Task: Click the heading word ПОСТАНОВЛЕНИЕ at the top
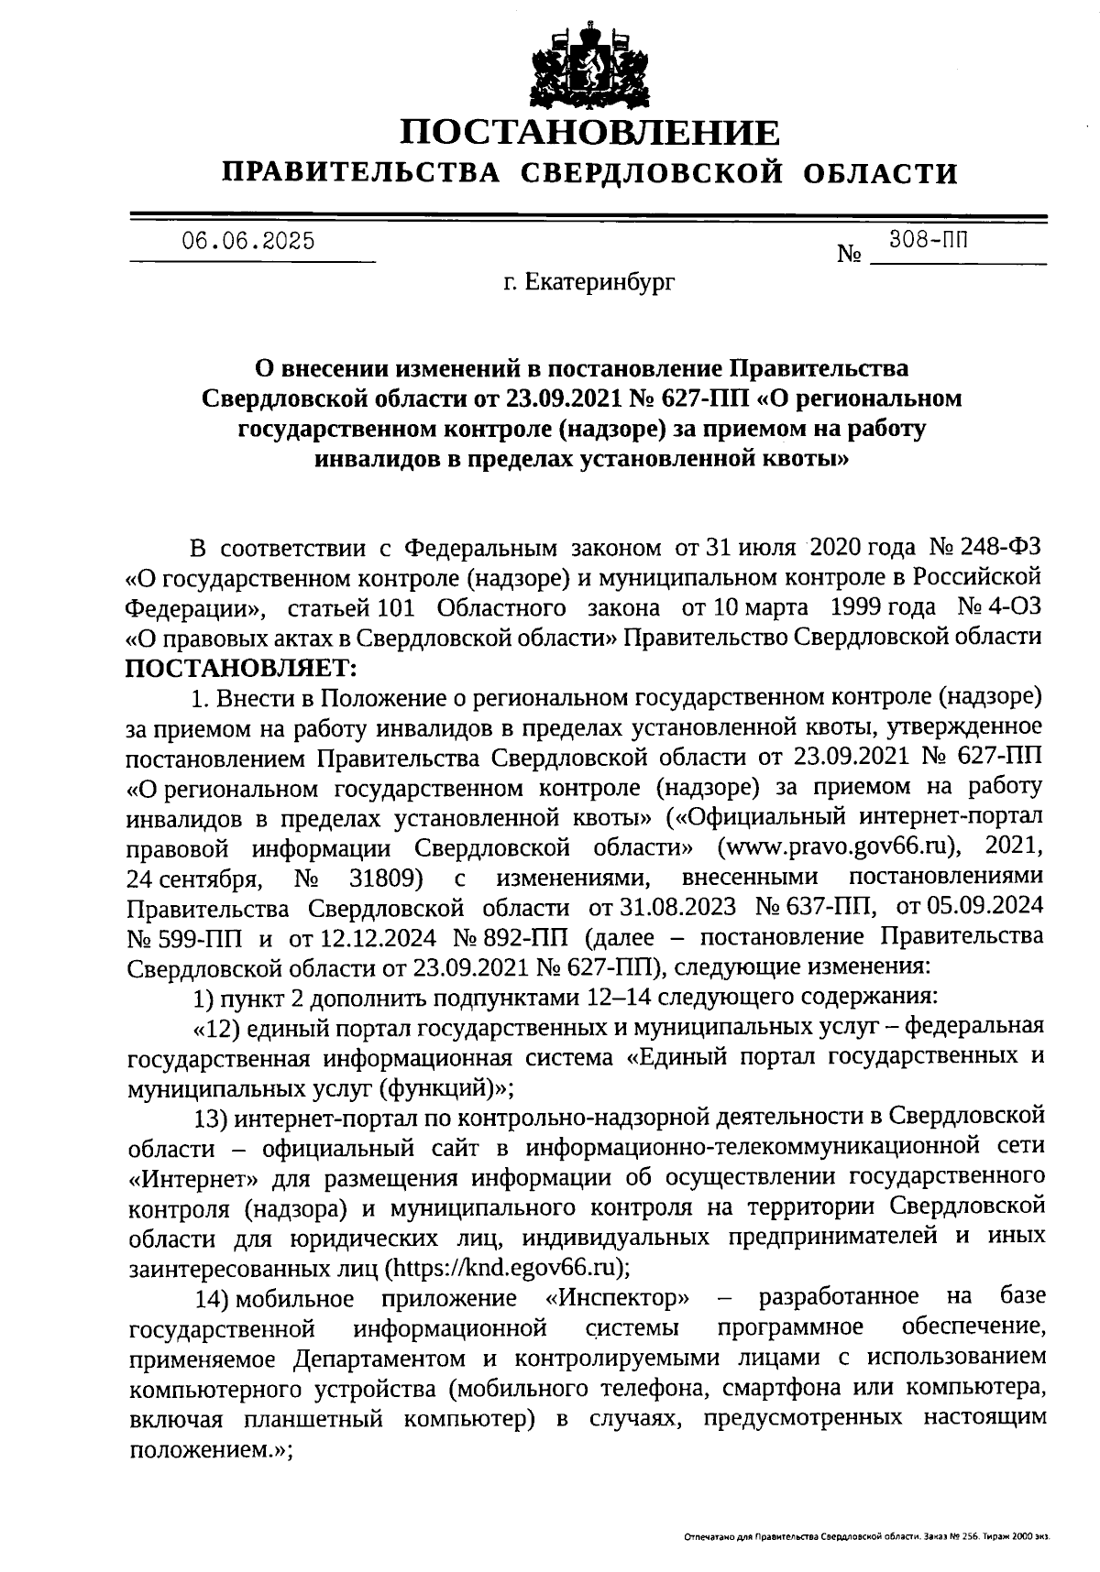(x=591, y=134)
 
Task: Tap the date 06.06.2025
(x=247, y=242)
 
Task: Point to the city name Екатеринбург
(x=599, y=284)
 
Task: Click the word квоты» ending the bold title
(x=795, y=458)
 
